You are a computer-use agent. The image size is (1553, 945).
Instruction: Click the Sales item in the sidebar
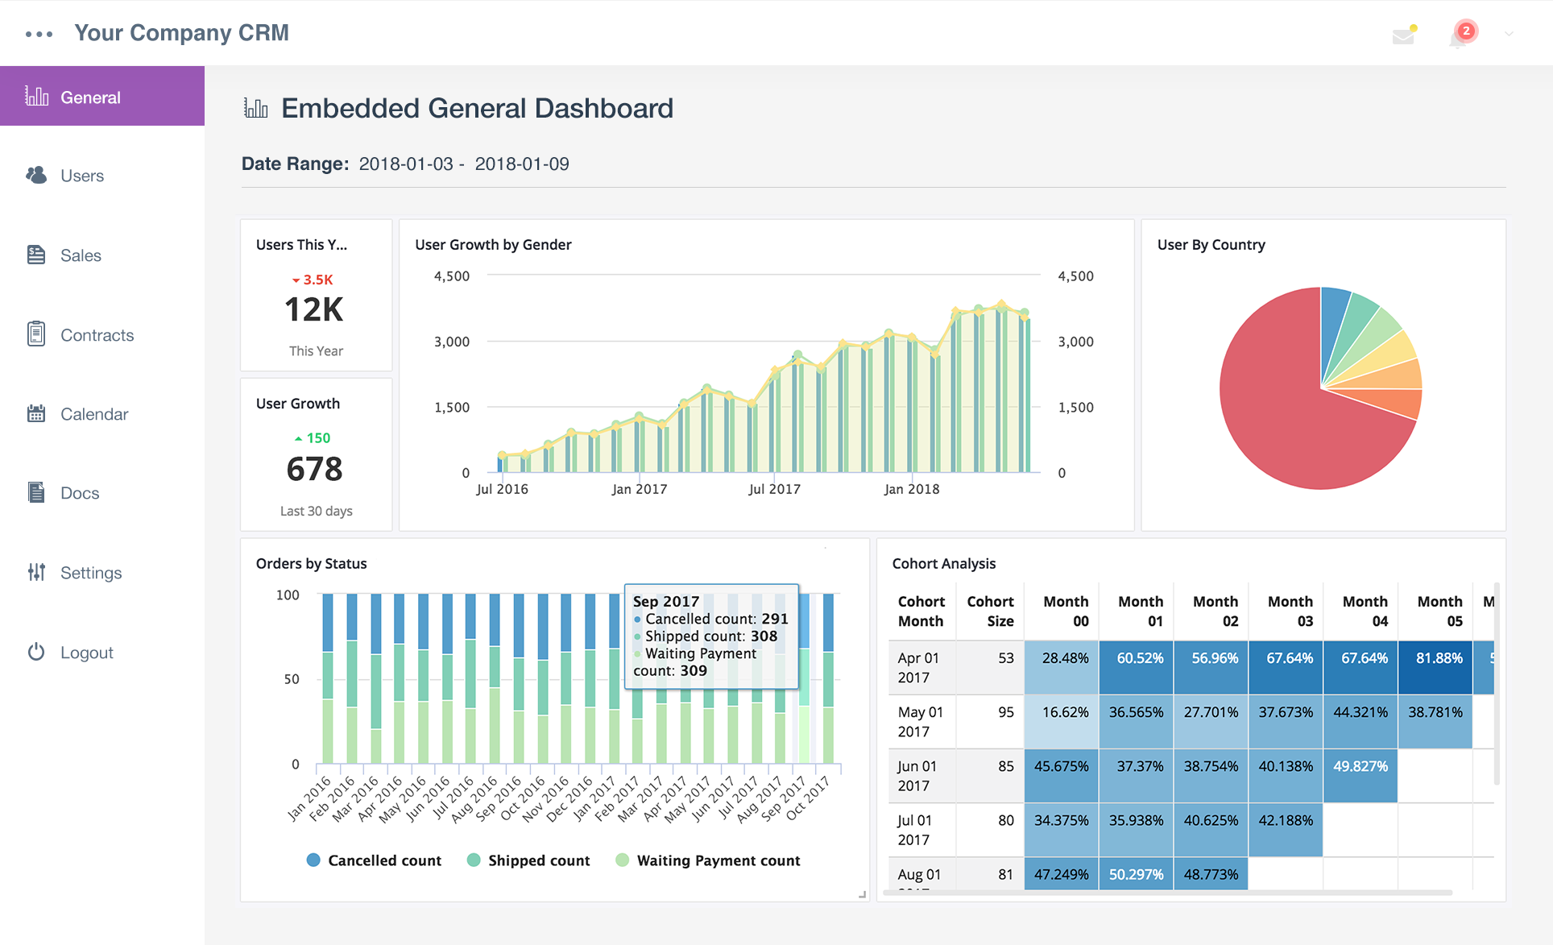(x=80, y=255)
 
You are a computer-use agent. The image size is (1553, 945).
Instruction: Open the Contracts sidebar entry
(x=96, y=335)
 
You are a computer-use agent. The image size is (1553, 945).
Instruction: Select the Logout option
(x=85, y=653)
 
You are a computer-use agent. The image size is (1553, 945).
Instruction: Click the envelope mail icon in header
(x=1404, y=35)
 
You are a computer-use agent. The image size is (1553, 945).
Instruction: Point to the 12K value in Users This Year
(x=314, y=310)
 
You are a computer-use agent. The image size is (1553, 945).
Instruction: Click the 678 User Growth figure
(x=314, y=469)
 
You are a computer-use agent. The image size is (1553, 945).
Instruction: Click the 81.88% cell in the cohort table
(x=1439, y=658)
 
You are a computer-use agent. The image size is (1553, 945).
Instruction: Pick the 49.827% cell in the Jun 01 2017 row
(x=1360, y=766)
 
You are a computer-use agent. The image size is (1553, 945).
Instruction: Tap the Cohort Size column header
(x=991, y=611)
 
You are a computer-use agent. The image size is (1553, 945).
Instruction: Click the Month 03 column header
(x=1290, y=611)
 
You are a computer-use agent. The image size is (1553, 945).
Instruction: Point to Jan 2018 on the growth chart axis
(x=911, y=489)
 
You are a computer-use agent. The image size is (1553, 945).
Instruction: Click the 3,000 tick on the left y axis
(x=451, y=342)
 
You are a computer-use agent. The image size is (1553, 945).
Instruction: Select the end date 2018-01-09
(x=522, y=164)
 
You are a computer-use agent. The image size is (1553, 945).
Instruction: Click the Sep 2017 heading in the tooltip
(x=665, y=601)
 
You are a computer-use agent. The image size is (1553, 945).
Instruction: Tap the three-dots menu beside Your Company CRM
(x=39, y=34)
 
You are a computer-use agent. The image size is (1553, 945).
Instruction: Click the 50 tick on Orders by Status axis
(x=291, y=679)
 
